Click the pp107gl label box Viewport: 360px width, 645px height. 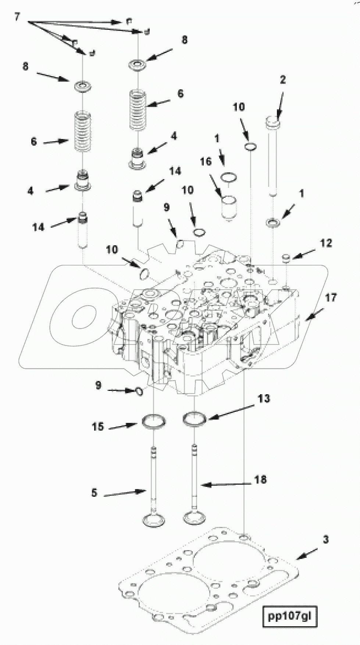tap(289, 616)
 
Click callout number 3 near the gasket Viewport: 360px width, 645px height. tap(325, 540)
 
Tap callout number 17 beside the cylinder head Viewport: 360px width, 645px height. tap(331, 297)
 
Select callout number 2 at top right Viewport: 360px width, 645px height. tap(282, 80)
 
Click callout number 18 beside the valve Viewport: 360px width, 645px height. tap(260, 480)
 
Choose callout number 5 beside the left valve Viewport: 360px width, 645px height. tap(95, 493)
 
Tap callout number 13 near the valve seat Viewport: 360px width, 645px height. tap(264, 398)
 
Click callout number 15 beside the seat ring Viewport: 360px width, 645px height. tap(98, 427)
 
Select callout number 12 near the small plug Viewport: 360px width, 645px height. tap(326, 243)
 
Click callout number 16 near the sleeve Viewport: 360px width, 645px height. tap(206, 161)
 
